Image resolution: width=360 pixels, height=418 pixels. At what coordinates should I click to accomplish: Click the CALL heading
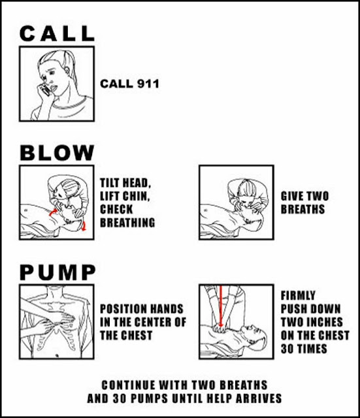click(57, 33)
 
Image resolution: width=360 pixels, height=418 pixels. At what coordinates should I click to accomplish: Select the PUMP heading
click(57, 272)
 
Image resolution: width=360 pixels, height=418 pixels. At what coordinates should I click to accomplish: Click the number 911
click(148, 84)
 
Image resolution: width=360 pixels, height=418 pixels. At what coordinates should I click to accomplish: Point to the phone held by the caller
click(44, 89)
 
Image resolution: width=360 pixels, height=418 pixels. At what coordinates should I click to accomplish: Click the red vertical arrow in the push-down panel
click(220, 306)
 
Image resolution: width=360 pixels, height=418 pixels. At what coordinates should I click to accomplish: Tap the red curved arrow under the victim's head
click(84, 226)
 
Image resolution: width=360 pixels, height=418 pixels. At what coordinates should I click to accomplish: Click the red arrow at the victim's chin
click(52, 212)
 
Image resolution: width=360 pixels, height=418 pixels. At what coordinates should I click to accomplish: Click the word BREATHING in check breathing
click(127, 223)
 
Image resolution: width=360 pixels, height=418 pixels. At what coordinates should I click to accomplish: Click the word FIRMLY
click(298, 295)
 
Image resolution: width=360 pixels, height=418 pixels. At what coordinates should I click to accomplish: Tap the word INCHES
click(327, 322)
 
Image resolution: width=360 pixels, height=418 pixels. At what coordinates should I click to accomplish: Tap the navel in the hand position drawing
click(57, 355)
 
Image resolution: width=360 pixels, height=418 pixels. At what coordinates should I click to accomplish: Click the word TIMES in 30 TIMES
click(312, 349)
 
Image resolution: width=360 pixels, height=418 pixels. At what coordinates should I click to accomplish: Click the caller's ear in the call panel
click(67, 71)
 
